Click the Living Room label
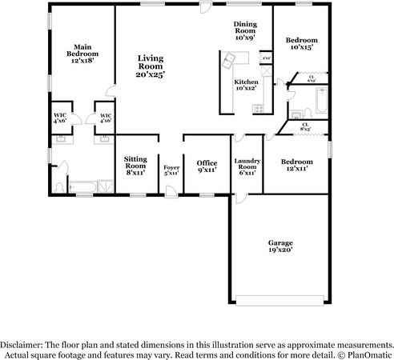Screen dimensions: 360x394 149,66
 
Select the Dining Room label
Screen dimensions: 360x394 245,30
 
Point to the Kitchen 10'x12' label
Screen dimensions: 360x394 245,86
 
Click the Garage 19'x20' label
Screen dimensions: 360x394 279,246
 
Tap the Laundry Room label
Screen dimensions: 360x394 245,166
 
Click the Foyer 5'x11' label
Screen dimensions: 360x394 171,170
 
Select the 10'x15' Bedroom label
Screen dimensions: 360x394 301,44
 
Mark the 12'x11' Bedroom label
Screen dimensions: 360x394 296,166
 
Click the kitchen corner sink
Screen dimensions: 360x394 230,60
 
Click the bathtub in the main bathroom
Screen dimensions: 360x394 82,188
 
